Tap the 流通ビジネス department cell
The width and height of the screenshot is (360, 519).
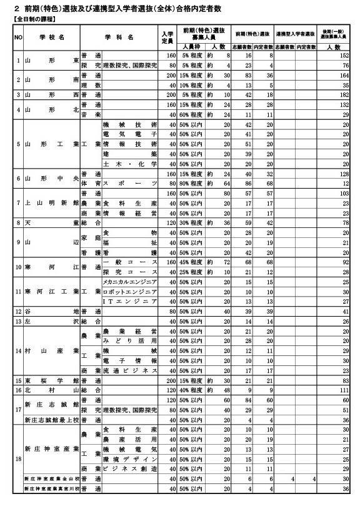tap(129, 370)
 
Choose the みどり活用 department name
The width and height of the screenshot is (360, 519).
tap(129, 340)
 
